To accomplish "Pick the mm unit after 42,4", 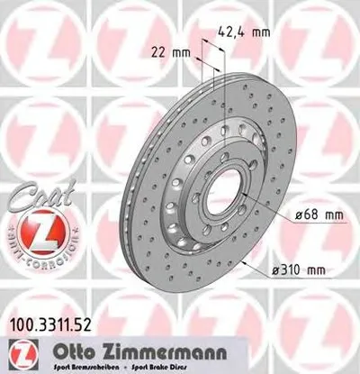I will click(262, 32).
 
